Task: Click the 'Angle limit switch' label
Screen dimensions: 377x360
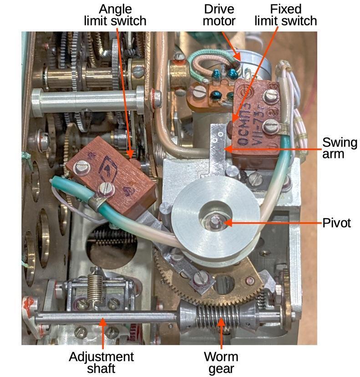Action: tap(116, 15)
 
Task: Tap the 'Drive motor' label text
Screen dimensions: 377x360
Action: tap(219, 15)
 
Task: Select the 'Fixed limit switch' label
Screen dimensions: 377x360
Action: tap(285, 15)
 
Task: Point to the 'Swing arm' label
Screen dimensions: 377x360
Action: tap(340, 148)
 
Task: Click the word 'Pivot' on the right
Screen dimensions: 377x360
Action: tap(337, 223)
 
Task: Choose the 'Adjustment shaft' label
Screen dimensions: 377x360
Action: tap(101, 362)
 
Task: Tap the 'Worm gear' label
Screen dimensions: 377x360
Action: tap(221, 362)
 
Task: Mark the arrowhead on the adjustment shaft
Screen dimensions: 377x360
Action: tap(103, 322)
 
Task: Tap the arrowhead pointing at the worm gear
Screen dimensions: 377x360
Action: tap(221, 322)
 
